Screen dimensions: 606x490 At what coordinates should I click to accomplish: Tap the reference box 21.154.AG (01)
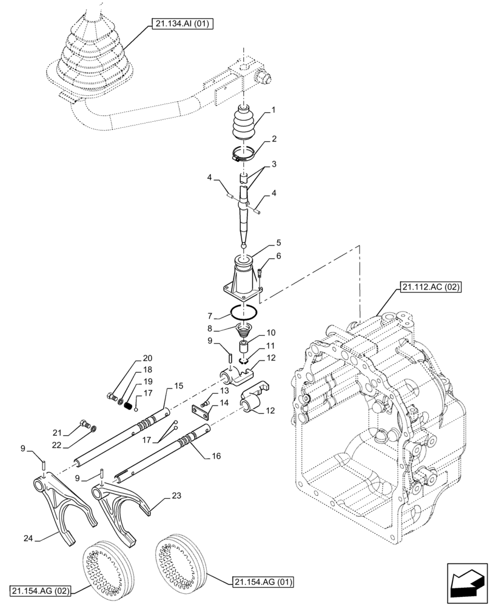click(262, 582)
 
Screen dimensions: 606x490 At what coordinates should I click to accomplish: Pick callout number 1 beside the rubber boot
click(274, 111)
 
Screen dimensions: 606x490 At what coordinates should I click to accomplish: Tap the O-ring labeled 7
click(244, 313)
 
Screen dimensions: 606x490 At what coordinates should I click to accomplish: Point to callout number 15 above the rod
click(178, 385)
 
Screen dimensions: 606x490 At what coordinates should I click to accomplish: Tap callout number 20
click(147, 358)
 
